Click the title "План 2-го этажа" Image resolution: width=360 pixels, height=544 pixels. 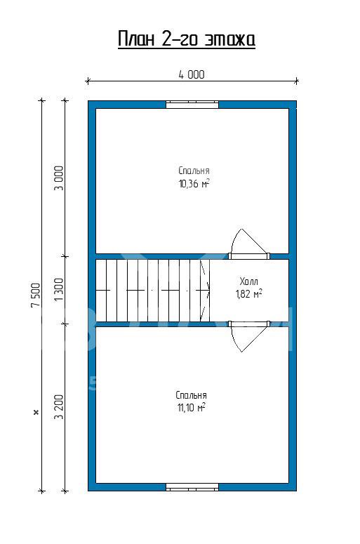[x=187, y=39]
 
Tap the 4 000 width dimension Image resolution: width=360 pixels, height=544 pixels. [x=192, y=74]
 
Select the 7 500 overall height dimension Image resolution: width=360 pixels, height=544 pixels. [x=36, y=296]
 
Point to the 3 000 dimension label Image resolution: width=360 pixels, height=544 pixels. [x=60, y=178]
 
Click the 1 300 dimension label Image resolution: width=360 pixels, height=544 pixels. [x=60, y=289]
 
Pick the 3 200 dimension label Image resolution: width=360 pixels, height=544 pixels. [x=60, y=406]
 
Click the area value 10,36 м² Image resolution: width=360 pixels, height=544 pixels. [x=194, y=183]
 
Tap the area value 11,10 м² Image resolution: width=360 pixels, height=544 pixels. [x=191, y=408]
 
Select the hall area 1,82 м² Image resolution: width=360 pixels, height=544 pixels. [x=248, y=294]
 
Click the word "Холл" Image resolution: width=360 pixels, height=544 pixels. [x=248, y=281]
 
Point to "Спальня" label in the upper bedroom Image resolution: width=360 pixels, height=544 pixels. [x=194, y=171]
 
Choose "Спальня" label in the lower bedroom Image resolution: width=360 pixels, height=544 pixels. [x=191, y=395]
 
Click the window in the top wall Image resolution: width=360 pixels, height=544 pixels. [x=192, y=105]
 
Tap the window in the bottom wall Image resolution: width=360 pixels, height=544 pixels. [x=192, y=487]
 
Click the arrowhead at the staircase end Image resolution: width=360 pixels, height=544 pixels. [x=208, y=290]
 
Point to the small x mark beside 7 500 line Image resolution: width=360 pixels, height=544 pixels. [x=35, y=413]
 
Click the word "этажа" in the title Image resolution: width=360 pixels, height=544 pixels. [x=229, y=39]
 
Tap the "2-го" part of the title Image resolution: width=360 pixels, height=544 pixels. [x=180, y=39]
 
